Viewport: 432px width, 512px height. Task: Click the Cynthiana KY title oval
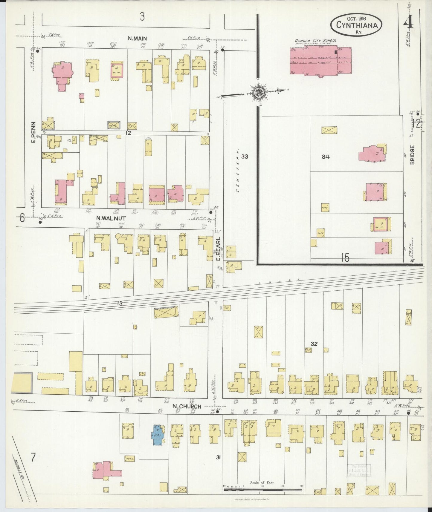tap(356, 24)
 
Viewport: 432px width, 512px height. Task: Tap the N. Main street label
tap(137, 38)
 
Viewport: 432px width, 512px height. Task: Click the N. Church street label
tap(186, 406)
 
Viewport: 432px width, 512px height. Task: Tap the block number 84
tap(326, 157)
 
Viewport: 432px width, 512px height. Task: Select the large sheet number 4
tap(408, 20)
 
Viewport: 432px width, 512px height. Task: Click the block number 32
tap(314, 344)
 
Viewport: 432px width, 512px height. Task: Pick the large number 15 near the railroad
tap(345, 257)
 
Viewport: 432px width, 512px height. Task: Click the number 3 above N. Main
tap(142, 17)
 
